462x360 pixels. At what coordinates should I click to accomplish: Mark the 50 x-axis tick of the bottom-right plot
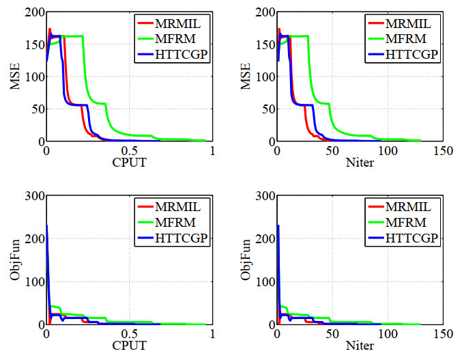tap(332, 335)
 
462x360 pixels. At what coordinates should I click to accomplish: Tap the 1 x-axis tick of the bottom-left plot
tap(212, 335)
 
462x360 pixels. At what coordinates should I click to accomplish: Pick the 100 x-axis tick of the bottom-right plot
tap(387, 335)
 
